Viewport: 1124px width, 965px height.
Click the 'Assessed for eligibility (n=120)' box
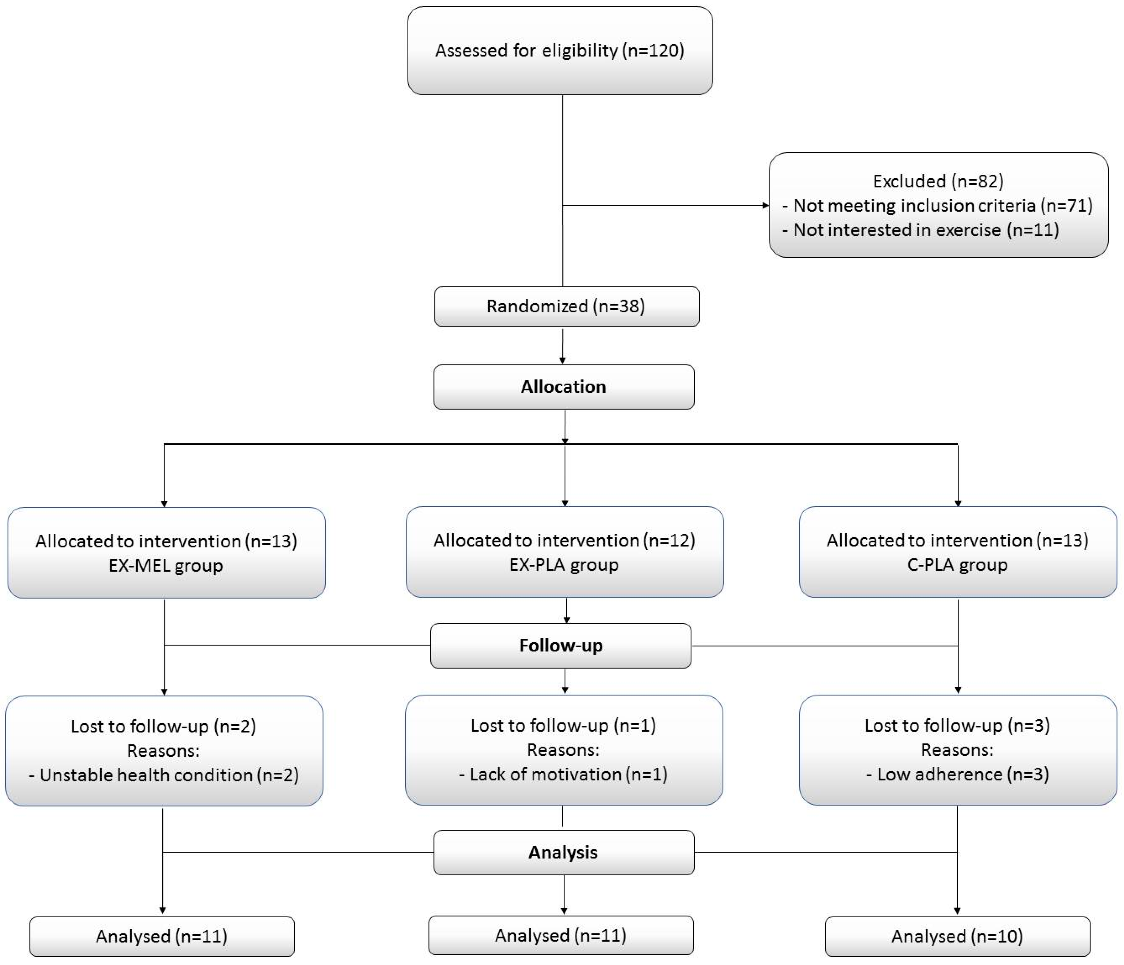click(x=560, y=50)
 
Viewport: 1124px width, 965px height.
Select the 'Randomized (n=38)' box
click(x=566, y=306)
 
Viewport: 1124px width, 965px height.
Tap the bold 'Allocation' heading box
click(x=564, y=387)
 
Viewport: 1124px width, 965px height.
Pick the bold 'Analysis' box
click(x=564, y=852)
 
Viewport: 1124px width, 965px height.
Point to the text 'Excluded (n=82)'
click(x=938, y=181)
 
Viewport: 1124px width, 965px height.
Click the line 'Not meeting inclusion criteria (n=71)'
click(x=942, y=206)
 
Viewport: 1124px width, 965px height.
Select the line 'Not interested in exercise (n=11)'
click(x=925, y=230)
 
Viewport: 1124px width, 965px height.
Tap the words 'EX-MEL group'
click(x=165, y=566)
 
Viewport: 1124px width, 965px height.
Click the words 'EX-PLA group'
click(x=564, y=565)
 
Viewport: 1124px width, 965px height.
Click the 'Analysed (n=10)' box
click(x=957, y=936)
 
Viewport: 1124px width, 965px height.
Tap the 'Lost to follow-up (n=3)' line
click(x=957, y=725)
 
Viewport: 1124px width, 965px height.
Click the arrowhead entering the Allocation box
click(x=562, y=361)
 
